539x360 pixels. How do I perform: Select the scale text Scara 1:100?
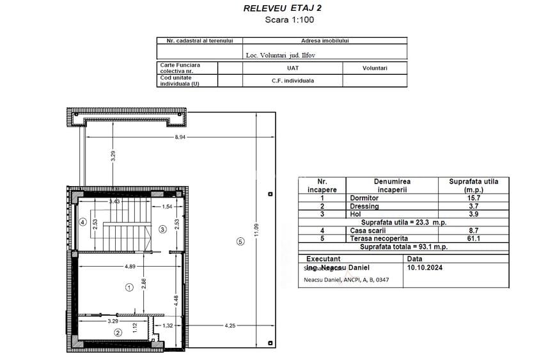tap(286, 20)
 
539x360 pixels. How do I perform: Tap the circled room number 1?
tap(129, 288)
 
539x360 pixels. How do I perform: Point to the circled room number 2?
tap(118, 333)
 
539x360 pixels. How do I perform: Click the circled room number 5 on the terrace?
tap(240, 241)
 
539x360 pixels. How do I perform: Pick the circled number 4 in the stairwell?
tap(82, 222)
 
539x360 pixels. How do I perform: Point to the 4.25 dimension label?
tap(231, 326)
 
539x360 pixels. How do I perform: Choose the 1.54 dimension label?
tap(168, 207)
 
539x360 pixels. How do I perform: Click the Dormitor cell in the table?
tap(364, 198)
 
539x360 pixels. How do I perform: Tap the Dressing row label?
tap(364, 206)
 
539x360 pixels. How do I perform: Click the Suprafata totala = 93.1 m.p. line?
tap(403, 246)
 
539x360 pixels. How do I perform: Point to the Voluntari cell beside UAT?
tap(375, 68)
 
